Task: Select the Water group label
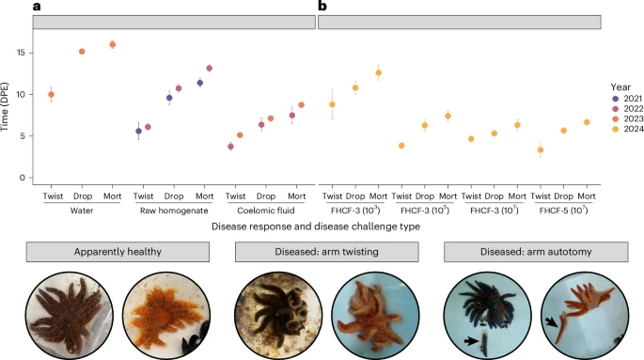coord(82,210)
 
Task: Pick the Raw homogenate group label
coord(174,210)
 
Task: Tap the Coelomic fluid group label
coord(263,210)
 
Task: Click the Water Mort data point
coord(113,44)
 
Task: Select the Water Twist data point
coord(52,94)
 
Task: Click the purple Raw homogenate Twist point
coord(138,131)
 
